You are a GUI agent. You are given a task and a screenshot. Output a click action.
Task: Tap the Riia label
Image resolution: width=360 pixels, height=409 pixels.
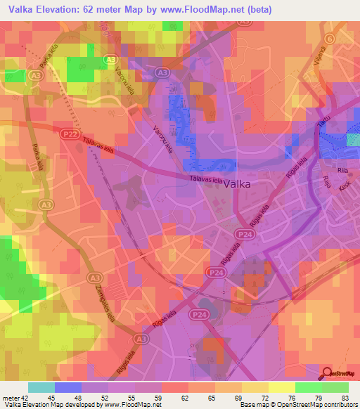coord(342,170)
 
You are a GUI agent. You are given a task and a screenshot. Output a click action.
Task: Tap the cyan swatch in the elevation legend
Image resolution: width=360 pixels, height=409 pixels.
coord(41,387)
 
